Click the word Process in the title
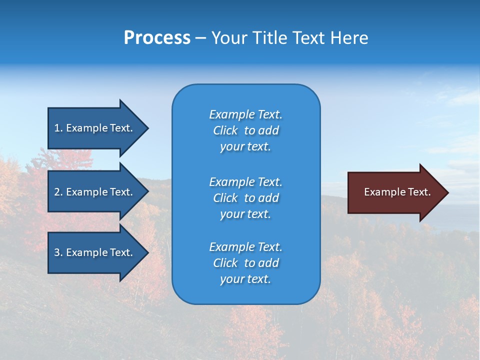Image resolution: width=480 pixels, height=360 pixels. click(157, 38)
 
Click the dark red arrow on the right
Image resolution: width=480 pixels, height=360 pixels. click(395, 192)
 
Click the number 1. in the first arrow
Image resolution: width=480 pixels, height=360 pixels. click(58, 128)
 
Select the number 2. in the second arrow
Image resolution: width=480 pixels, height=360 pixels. click(58, 192)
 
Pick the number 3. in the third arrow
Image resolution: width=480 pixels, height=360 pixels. click(58, 252)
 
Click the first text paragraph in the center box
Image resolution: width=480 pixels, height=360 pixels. click(245, 130)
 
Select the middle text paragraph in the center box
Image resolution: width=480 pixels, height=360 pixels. click(245, 198)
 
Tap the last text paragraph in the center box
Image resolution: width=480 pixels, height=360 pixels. click(245, 263)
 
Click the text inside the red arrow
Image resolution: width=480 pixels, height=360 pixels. click(397, 192)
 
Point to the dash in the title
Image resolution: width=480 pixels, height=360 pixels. click(200, 38)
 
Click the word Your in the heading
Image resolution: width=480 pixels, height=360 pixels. click(229, 38)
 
